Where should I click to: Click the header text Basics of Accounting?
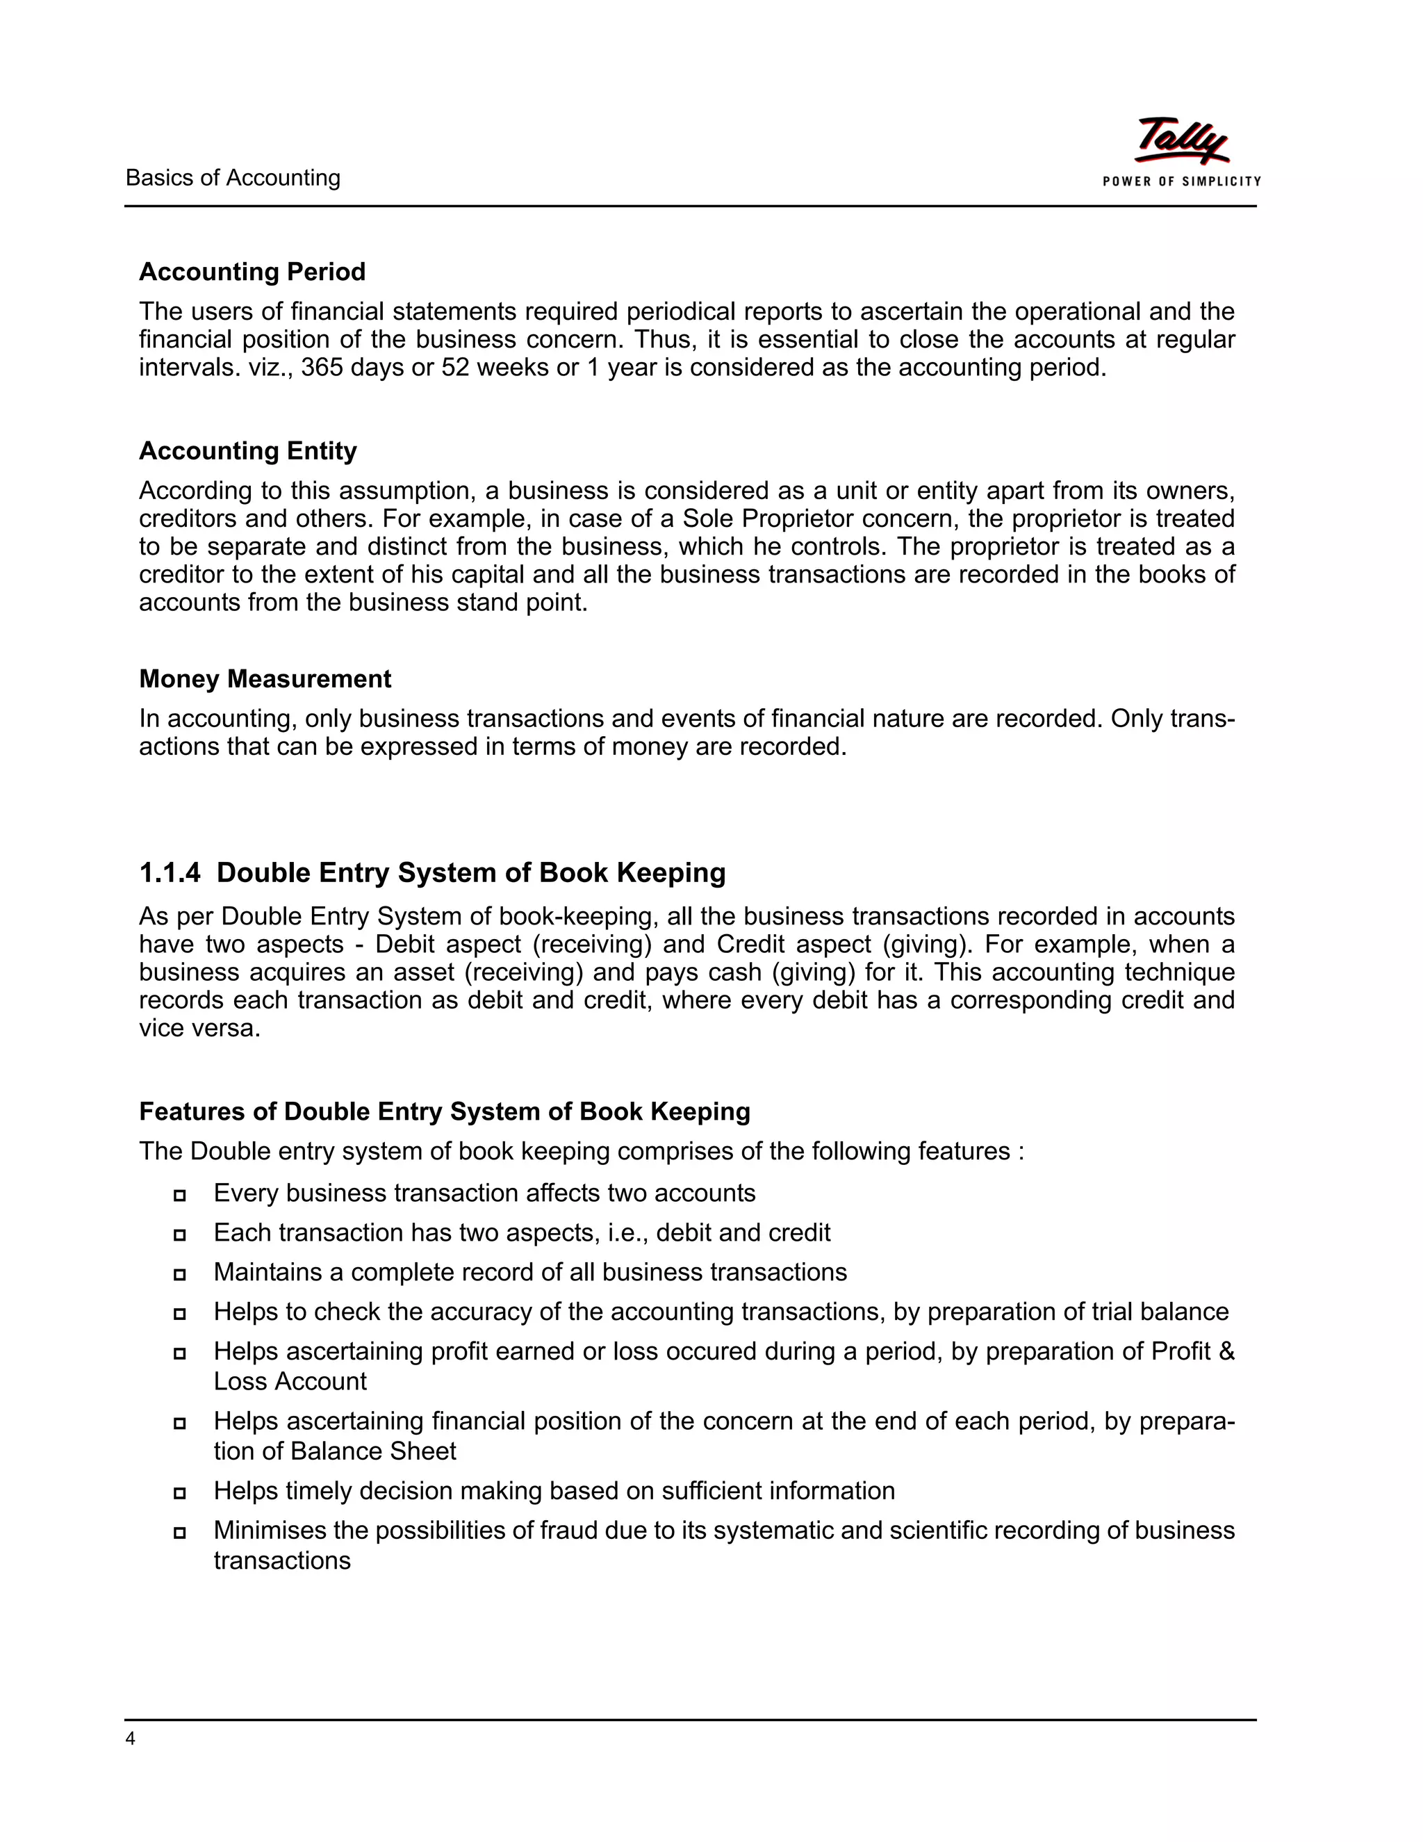click(233, 178)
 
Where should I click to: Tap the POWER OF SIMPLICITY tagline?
click(1182, 181)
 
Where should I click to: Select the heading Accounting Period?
click(252, 272)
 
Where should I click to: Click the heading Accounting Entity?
click(248, 450)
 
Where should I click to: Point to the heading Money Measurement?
click(265, 679)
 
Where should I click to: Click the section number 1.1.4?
click(170, 872)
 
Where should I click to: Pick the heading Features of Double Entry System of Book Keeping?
click(444, 1111)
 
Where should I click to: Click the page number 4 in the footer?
click(130, 1738)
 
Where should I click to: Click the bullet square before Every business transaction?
click(179, 1195)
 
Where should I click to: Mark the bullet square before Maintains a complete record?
click(179, 1274)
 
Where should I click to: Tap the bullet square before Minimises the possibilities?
click(179, 1533)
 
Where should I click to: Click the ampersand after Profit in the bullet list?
click(1226, 1351)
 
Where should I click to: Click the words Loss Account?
click(289, 1382)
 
